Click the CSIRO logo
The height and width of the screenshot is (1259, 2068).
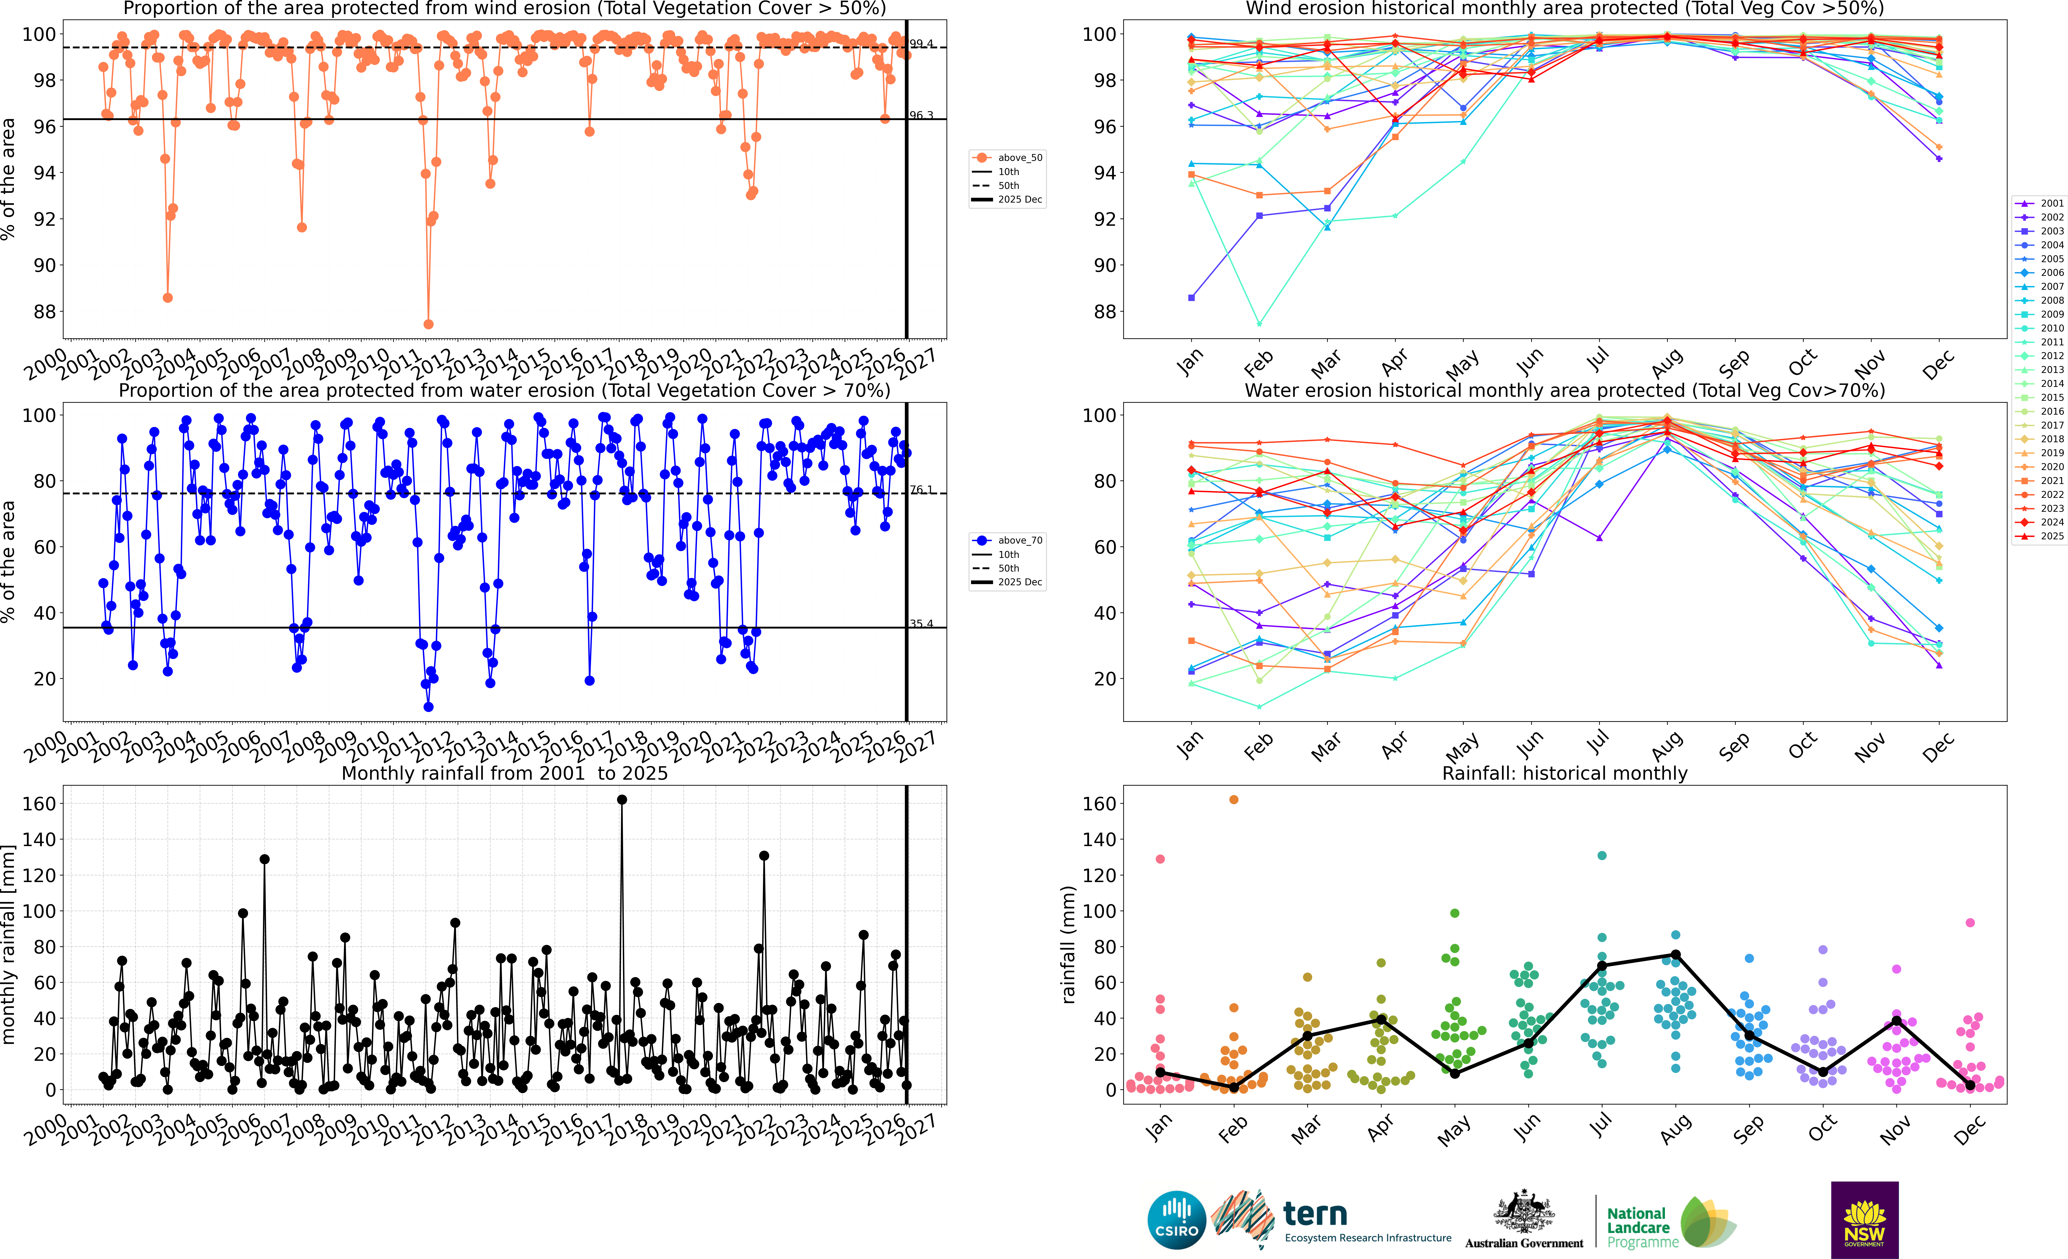[x=1176, y=1219]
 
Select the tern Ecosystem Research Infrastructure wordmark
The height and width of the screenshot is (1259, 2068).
[x=1366, y=1221]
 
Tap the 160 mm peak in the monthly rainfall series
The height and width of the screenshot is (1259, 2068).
[x=622, y=800]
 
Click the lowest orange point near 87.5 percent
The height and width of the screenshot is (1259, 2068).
[x=429, y=324]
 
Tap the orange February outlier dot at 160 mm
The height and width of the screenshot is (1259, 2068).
[x=1234, y=800]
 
